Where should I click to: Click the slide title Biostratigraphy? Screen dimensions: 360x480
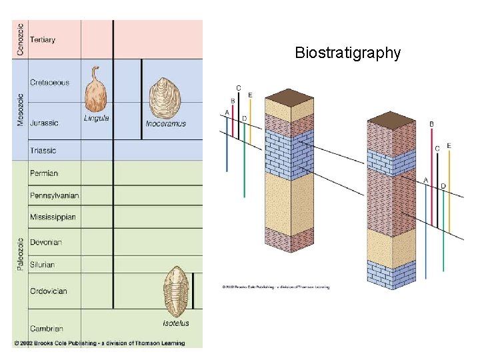click(347, 53)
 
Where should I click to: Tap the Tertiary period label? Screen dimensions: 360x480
click(43, 39)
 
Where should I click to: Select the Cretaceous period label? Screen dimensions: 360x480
click(49, 83)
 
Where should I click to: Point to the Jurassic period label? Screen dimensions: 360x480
click(44, 123)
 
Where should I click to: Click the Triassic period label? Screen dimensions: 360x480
click(43, 151)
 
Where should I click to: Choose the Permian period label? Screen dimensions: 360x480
click(44, 173)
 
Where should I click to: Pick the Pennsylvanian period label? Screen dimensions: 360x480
click(54, 195)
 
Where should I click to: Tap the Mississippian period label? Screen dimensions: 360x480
click(53, 217)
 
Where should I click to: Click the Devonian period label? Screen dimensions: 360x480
click(46, 242)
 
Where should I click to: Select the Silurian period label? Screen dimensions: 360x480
click(43, 265)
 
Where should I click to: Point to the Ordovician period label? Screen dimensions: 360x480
click(49, 291)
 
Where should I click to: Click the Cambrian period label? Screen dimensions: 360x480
click(47, 329)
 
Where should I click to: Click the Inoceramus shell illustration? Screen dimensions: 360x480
click(164, 99)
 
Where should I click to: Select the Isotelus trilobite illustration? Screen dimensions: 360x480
click(176, 291)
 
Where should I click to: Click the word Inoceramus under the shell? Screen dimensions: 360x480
click(165, 124)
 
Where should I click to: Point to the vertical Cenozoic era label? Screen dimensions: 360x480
click(21, 39)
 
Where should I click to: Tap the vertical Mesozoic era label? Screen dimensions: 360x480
click(21, 109)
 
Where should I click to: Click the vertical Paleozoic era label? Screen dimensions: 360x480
click(21, 253)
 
